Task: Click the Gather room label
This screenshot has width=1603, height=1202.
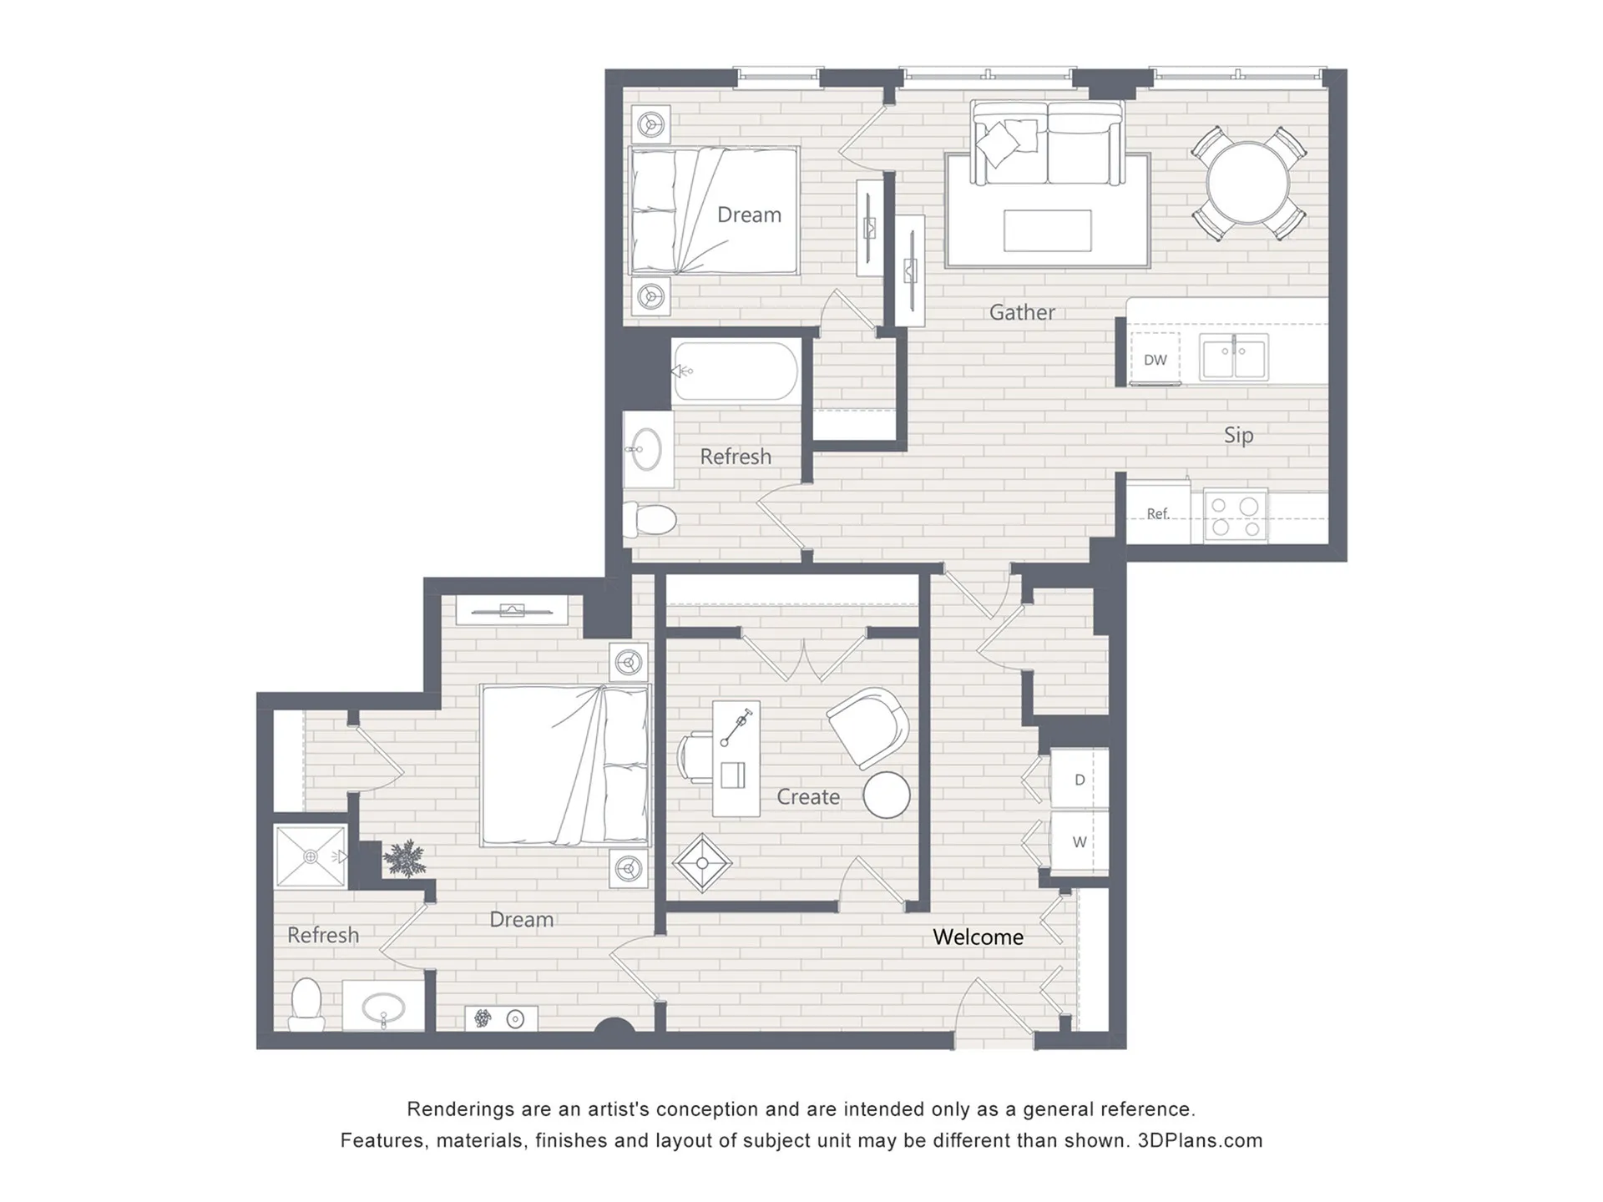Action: click(x=1022, y=312)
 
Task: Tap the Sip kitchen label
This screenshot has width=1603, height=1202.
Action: click(x=1238, y=435)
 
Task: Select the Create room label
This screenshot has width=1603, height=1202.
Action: click(x=808, y=797)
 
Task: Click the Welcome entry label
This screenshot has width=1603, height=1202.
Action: click(x=978, y=937)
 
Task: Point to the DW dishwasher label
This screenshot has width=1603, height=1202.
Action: click(x=1155, y=360)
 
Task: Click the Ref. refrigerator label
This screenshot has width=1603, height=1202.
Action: click(x=1157, y=514)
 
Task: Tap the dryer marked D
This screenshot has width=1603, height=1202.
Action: click(x=1079, y=779)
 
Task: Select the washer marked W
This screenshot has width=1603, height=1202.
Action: click(x=1079, y=841)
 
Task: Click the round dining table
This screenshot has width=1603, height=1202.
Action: click(x=1248, y=183)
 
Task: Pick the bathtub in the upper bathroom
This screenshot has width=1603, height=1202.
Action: click(x=736, y=371)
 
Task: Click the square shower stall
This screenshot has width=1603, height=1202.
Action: click(x=311, y=856)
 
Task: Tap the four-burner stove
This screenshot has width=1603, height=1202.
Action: click(x=1236, y=516)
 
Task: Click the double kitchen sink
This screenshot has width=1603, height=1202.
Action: click(x=1233, y=357)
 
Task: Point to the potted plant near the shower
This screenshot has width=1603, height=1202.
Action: click(x=405, y=858)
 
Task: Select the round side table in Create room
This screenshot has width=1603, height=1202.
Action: click(x=886, y=795)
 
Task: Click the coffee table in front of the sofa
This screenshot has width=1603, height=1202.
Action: click(x=1047, y=230)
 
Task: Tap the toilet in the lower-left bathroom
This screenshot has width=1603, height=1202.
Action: click(x=306, y=1005)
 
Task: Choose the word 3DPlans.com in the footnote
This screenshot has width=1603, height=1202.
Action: click(x=1200, y=1141)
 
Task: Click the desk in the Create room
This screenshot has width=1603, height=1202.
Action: click(x=736, y=759)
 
